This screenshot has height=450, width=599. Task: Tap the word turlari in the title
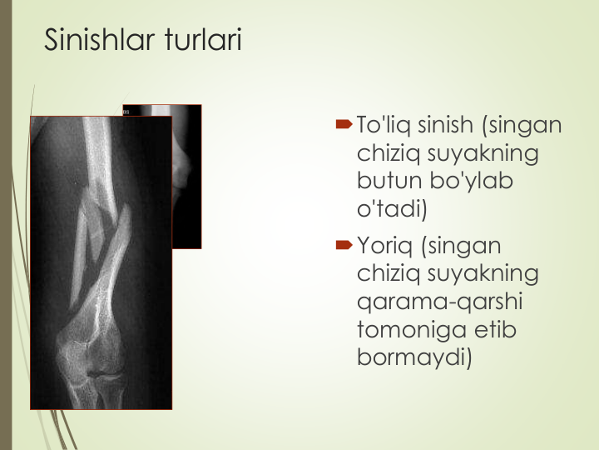click(204, 39)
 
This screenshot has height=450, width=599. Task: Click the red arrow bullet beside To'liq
click(344, 124)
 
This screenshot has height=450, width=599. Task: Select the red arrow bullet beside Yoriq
click(344, 244)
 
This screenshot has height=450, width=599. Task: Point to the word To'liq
click(384, 125)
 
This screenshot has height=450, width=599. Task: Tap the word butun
click(389, 180)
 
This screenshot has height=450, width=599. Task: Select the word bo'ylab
click(471, 181)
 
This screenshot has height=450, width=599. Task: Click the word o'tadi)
click(392, 209)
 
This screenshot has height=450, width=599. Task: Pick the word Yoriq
click(384, 246)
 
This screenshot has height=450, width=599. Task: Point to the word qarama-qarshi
click(440, 302)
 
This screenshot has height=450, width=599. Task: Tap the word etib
click(496, 329)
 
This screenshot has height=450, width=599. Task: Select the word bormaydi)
click(414, 357)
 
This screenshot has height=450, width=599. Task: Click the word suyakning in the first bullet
click(483, 153)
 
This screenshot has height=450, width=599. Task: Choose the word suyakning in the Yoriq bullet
click(483, 274)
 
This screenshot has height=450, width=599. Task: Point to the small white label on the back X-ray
click(126, 112)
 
